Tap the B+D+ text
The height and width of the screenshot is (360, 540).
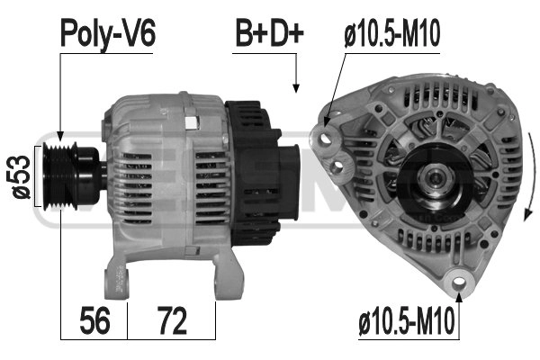click(x=270, y=34)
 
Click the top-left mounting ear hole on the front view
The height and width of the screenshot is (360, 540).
click(x=323, y=137)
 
